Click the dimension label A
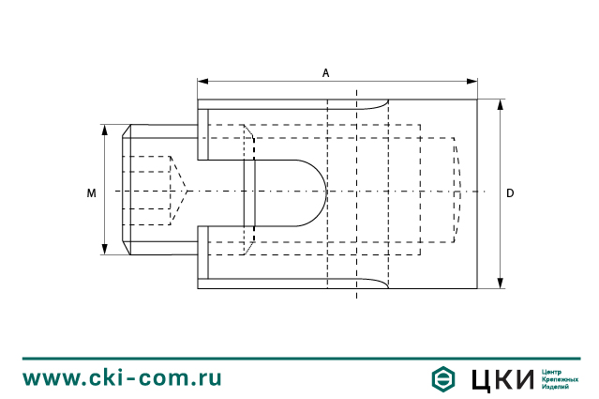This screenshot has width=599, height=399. pos(325,71)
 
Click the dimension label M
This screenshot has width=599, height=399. pos(91,192)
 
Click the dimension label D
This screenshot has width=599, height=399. pos(510,192)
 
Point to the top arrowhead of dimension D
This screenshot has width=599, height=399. pos(500,103)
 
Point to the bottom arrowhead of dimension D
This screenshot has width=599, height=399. pos(500,283)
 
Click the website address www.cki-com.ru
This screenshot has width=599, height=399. pos(122,377)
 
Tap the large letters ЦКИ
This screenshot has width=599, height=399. pos(499,378)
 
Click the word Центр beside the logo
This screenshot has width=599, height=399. pos(554,372)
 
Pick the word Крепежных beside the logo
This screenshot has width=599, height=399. pos(561,379)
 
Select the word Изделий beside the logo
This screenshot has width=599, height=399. pos(556,387)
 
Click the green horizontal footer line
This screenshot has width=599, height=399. pos(299,358)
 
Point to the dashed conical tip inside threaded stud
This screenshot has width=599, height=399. pos(179,192)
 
